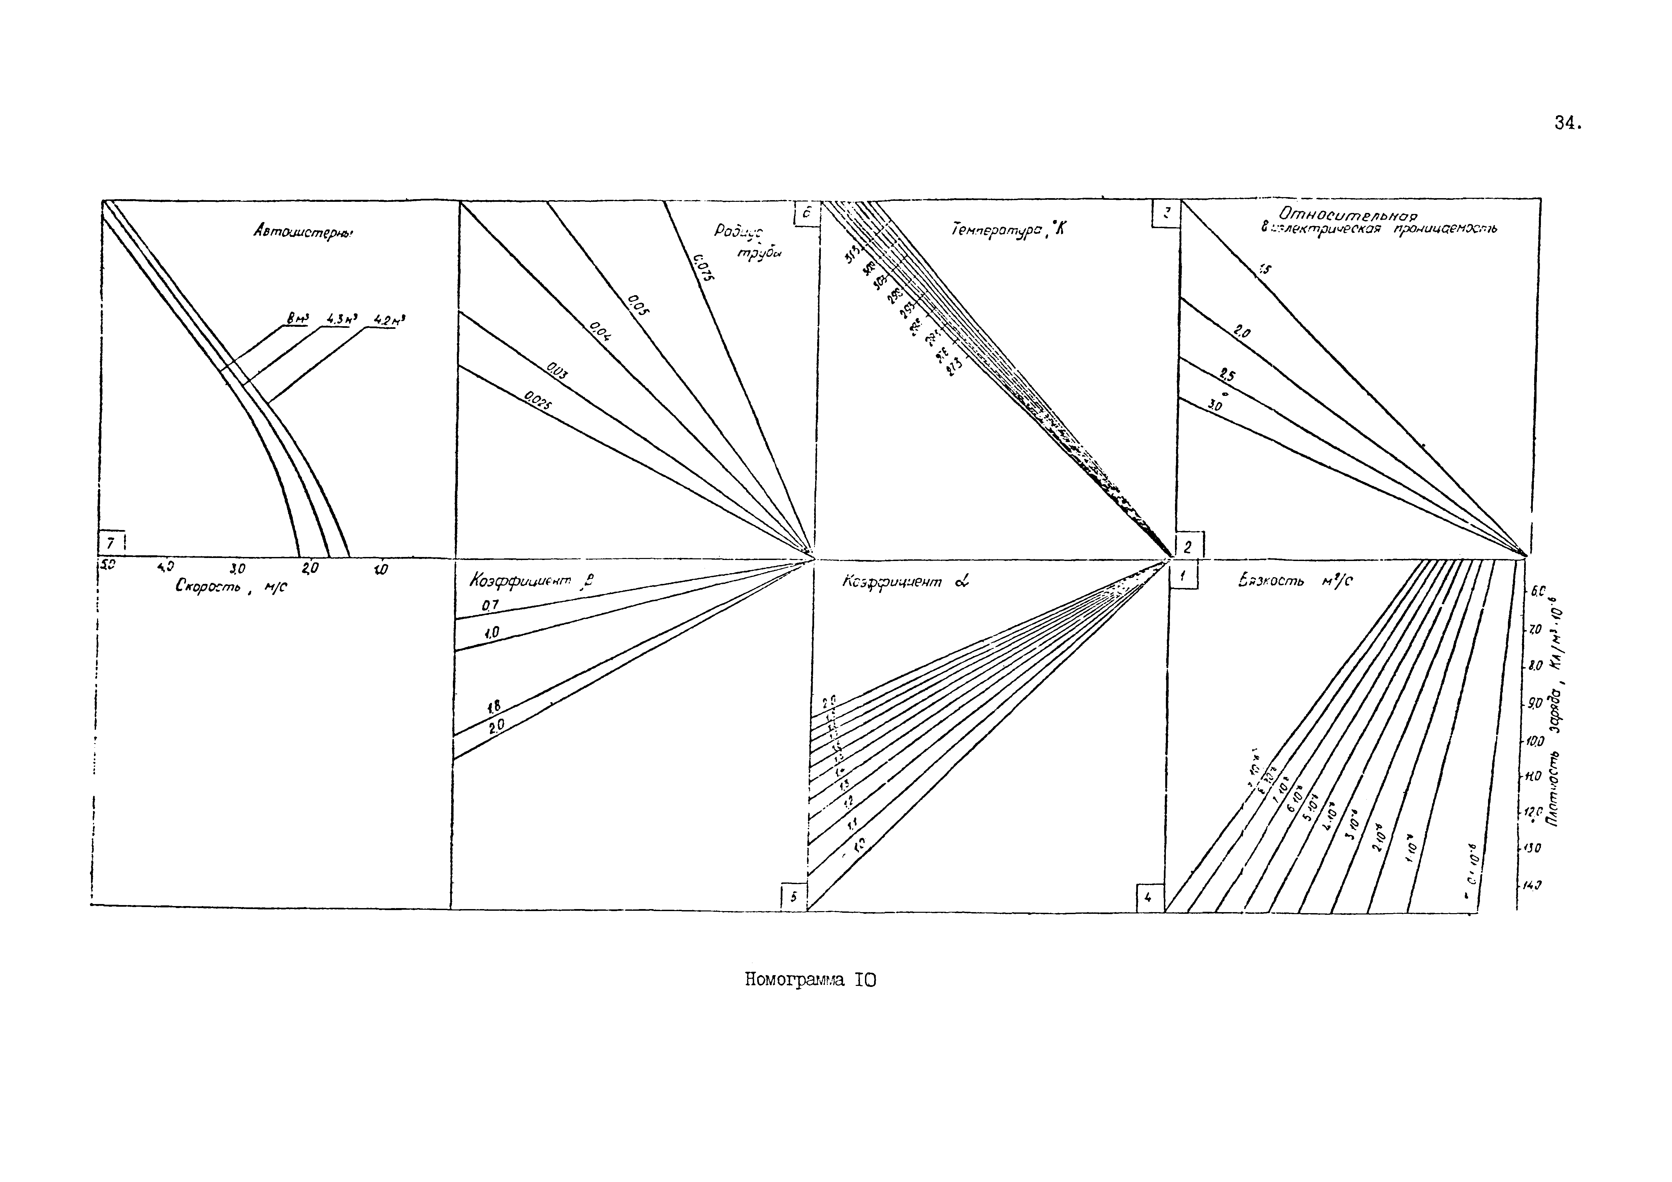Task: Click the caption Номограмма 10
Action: coord(810,980)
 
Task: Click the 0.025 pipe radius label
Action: coord(537,401)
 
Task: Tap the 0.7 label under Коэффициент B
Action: coord(489,605)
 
